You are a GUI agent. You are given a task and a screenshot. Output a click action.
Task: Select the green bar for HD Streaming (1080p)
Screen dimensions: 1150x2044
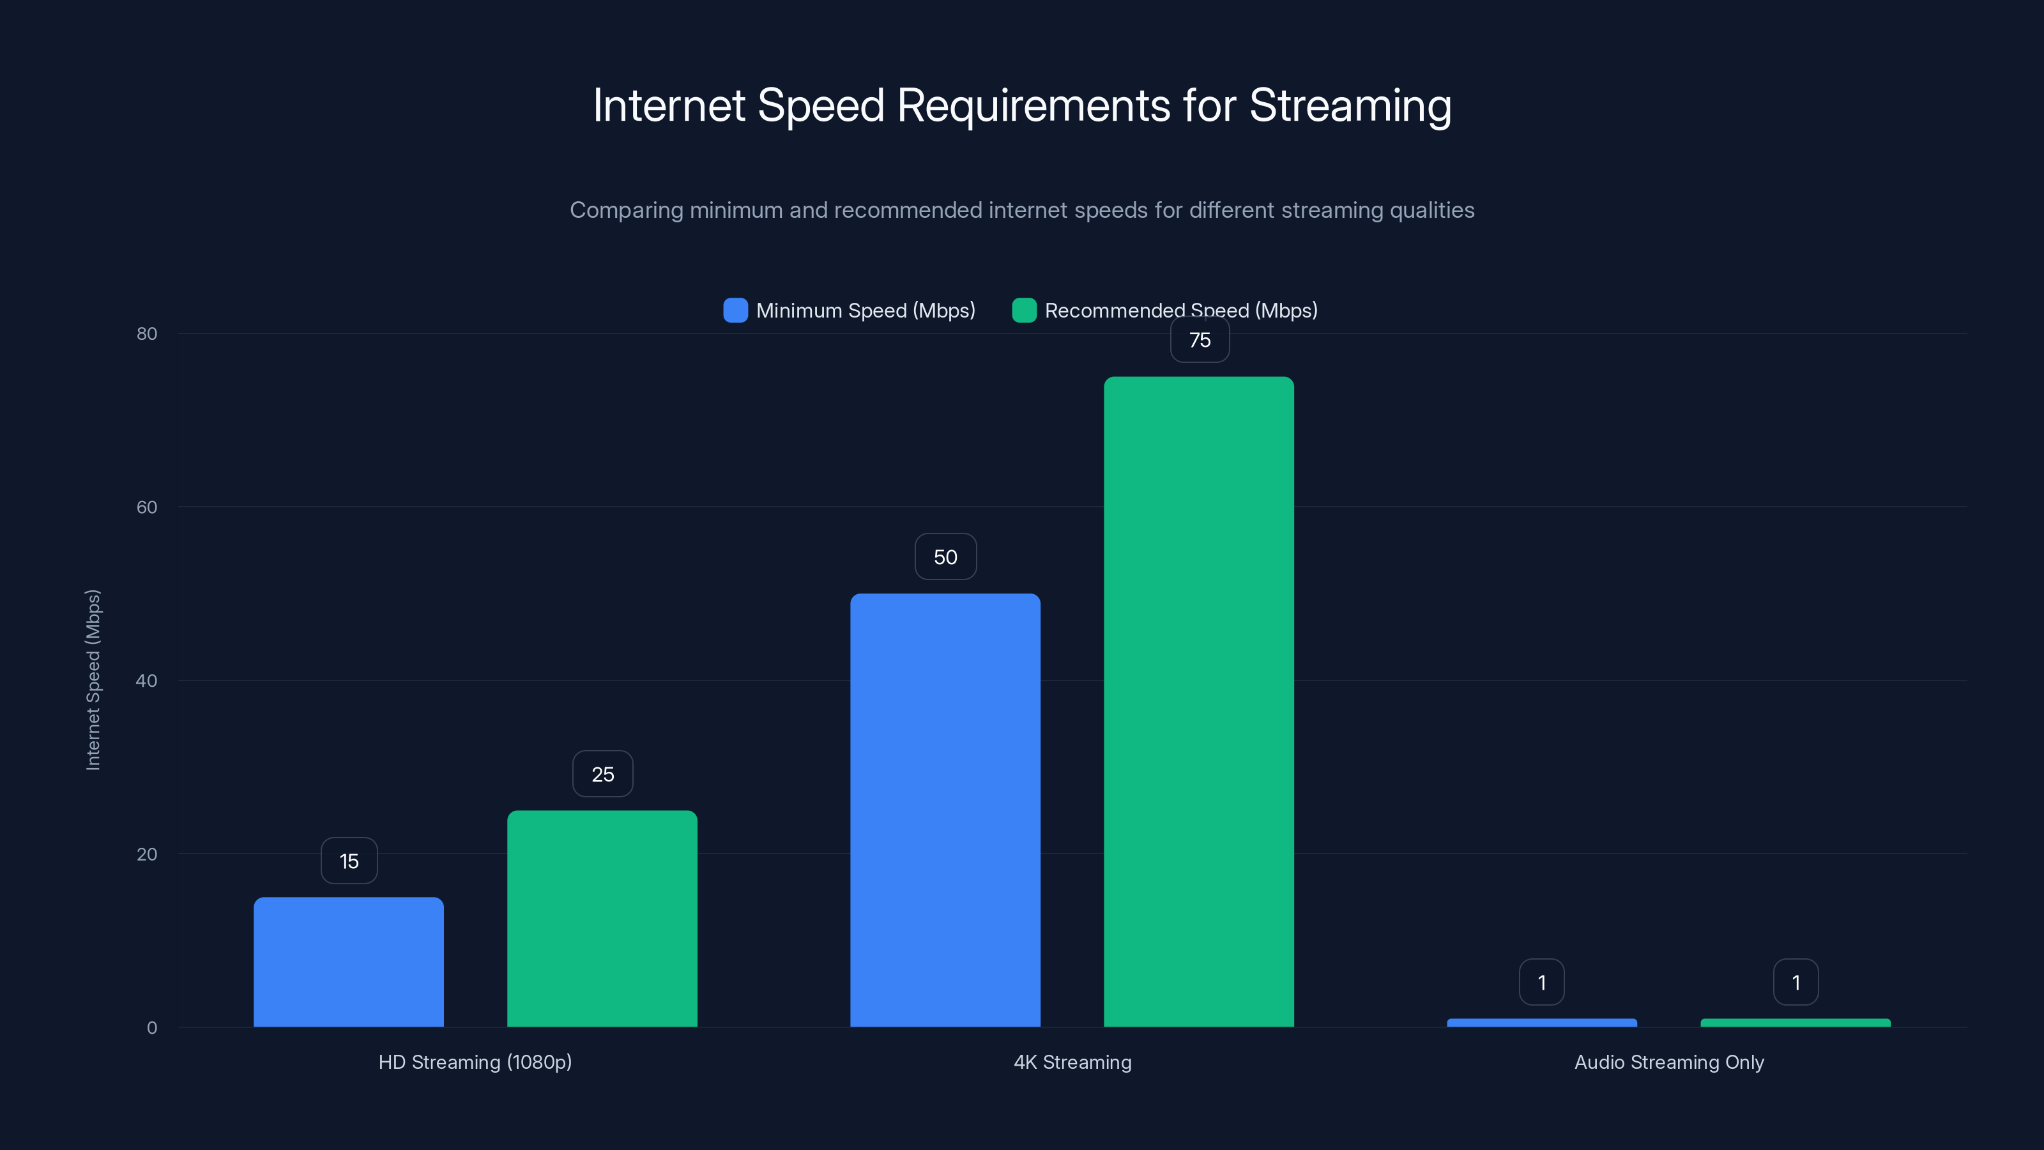602,918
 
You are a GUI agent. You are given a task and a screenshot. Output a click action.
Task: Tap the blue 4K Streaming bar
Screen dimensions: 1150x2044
945,809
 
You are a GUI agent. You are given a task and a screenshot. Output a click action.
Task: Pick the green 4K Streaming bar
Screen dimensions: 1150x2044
1198,701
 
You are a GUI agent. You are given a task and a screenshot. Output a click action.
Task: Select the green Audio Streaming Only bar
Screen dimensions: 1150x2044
1795,1022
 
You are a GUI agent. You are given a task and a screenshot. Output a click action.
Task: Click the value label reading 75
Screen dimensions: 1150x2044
1200,341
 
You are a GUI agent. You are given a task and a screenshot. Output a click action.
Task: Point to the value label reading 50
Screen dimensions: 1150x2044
945,557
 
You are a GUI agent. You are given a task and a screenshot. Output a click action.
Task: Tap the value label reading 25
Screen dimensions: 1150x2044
602,774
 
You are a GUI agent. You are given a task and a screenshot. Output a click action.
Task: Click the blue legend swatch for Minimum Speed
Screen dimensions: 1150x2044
736,310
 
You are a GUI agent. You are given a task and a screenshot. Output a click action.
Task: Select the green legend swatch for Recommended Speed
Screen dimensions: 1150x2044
1025,310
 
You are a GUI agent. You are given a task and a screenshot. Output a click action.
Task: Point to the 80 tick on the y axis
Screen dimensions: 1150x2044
147,333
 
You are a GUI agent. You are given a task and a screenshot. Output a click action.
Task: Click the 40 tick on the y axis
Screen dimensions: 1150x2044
147,680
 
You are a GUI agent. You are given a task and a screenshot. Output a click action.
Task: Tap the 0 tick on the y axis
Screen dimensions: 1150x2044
151,1028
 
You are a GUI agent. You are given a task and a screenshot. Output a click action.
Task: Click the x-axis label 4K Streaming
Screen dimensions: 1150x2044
1072,1062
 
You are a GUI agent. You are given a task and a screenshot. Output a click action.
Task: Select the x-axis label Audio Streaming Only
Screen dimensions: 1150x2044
1668,1062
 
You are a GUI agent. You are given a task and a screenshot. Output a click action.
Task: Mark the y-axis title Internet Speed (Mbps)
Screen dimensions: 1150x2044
93,680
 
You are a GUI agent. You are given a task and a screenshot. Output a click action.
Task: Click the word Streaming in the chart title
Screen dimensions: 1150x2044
1350,105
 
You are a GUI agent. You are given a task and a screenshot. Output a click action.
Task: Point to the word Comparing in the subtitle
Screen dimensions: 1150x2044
626,210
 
